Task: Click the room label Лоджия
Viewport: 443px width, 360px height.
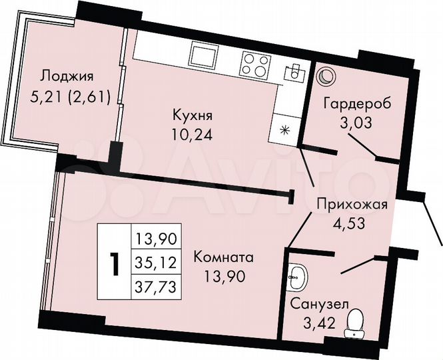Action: point(65,75)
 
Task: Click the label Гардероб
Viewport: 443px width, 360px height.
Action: point(357,104)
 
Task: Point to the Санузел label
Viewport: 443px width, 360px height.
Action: point(318,305)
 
